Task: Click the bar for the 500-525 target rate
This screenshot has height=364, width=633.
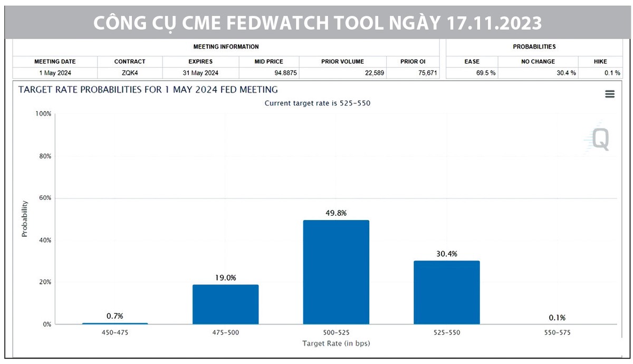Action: point(336,272)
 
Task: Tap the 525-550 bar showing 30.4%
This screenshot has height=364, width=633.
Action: point(446,292)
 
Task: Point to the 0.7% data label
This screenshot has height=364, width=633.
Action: point(114,316)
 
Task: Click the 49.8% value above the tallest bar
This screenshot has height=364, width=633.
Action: point(336,213)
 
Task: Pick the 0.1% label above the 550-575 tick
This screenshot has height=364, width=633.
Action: point(557,318)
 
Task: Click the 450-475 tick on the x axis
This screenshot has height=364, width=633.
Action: point(115,333)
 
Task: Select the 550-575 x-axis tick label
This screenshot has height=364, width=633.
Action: point(557,333)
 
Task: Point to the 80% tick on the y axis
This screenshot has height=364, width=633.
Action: point(44,156)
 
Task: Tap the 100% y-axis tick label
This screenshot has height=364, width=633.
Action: point(43,114)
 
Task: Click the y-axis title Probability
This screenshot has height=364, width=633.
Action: point(25,219)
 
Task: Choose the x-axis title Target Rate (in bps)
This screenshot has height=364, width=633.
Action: point(336,343)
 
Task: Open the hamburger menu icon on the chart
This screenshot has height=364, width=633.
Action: point(610,94)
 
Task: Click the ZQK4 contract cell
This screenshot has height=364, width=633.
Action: point(130,73)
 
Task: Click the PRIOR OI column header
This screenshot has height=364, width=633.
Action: point(413,62)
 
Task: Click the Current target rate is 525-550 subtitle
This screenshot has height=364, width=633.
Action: point(317,103)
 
